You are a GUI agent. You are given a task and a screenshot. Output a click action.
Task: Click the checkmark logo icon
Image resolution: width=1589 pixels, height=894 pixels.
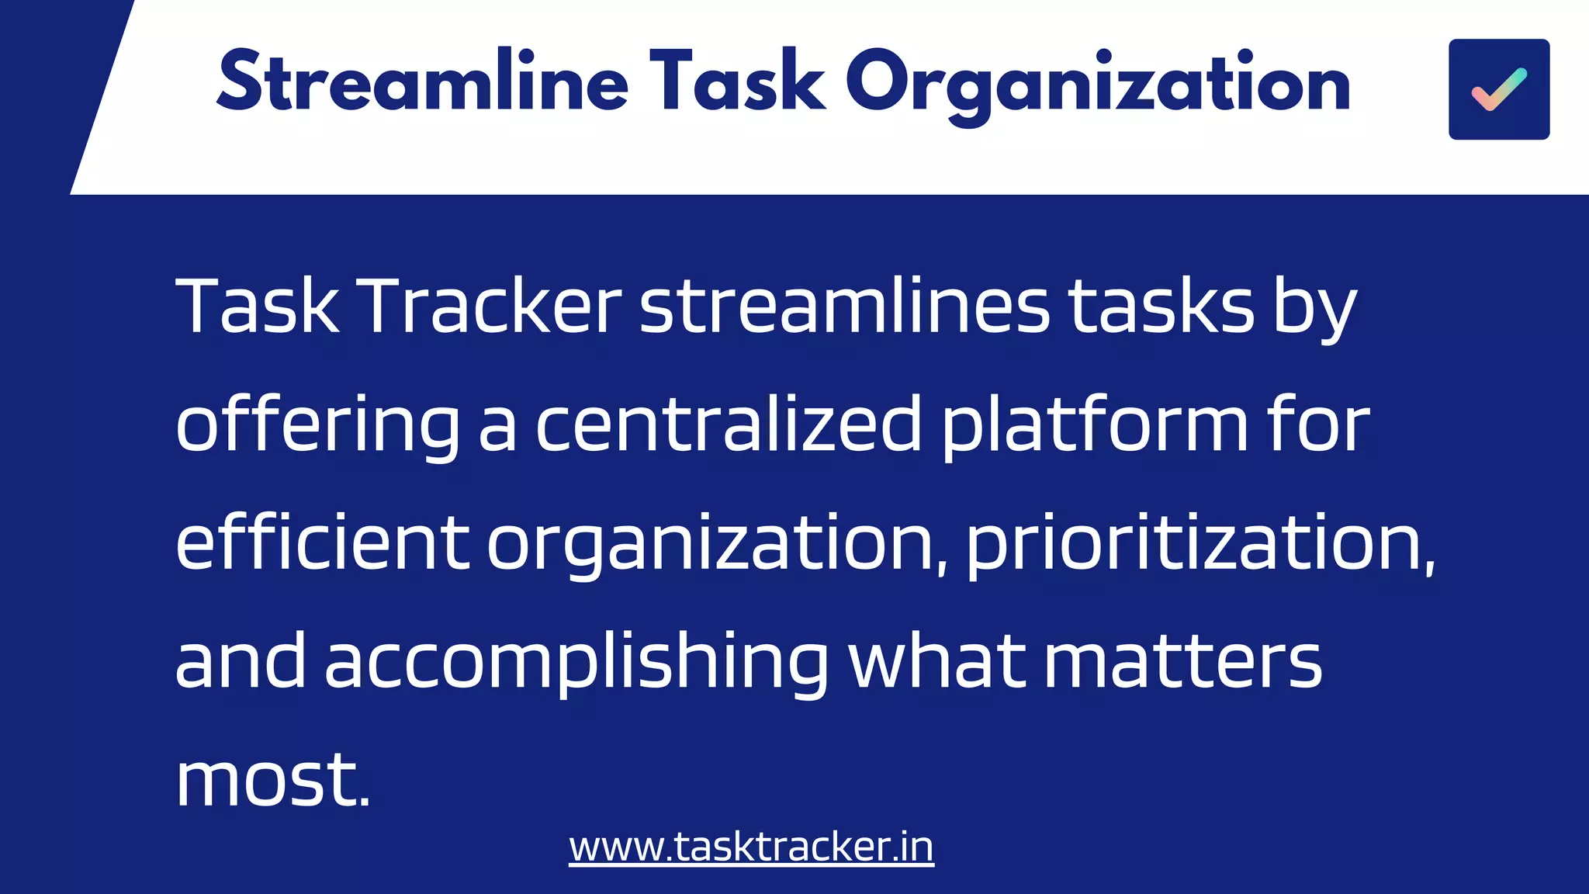pos(1498,89)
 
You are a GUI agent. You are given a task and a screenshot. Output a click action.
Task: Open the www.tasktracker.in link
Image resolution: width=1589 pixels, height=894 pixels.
pos(751,847)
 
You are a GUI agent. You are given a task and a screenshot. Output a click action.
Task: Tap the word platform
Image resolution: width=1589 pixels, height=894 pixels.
pos(1095,426)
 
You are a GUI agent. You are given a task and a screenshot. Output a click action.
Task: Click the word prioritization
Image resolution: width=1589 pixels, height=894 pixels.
pos(1200,544)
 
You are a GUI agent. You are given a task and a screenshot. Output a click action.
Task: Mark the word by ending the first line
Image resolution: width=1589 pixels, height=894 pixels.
pos(1314,308)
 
